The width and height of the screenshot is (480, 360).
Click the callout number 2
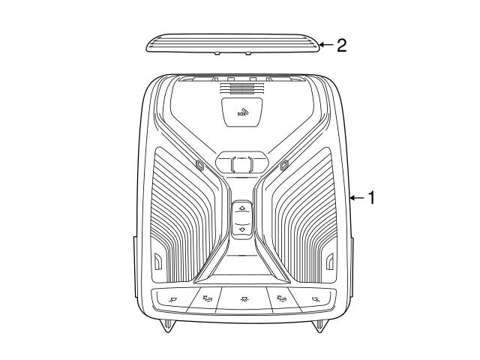click(x=341, y=46)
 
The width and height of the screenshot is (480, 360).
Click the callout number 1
click(x=371, y=198)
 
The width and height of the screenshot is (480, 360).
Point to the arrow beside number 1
click(x=355, y=198)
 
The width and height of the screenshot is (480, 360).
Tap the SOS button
click(x=242, y=112)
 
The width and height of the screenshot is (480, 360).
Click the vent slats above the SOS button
click(x=241, y=88)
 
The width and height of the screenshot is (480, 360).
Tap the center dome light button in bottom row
click(x=241, y=298)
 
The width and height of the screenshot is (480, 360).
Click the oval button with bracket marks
click(x=241, y=163)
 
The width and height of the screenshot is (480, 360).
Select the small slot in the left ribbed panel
click(x=157, y=262)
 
